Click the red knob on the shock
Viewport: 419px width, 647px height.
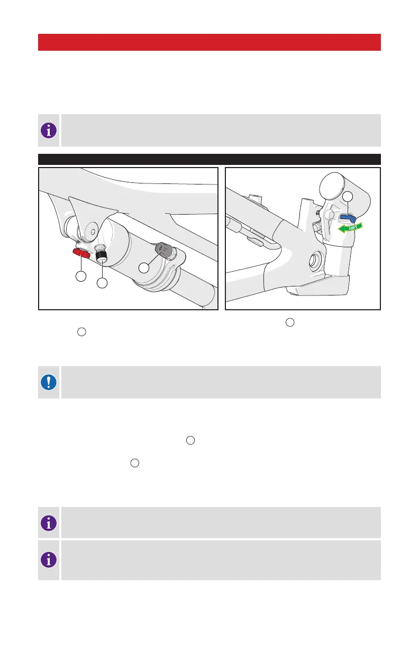point(81,253)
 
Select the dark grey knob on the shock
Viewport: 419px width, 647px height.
point(164,250)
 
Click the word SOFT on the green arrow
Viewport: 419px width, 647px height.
point(353,228)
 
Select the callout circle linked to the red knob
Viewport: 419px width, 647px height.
point(81,276)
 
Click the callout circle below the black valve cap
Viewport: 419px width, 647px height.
point(102,283)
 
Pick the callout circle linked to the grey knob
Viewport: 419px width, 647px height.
point(144,268)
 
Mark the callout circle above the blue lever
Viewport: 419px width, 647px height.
point(348,197)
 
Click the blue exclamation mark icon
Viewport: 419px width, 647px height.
point(49,382)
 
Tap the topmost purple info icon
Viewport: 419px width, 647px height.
point(49,130)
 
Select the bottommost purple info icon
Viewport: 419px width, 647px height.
point(49,560)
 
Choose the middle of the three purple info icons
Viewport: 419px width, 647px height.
point(49,523)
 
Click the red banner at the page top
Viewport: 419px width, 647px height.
point(210,42)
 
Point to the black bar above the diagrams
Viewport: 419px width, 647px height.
point(210,159)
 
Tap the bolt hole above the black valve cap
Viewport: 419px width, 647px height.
point(93,232)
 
